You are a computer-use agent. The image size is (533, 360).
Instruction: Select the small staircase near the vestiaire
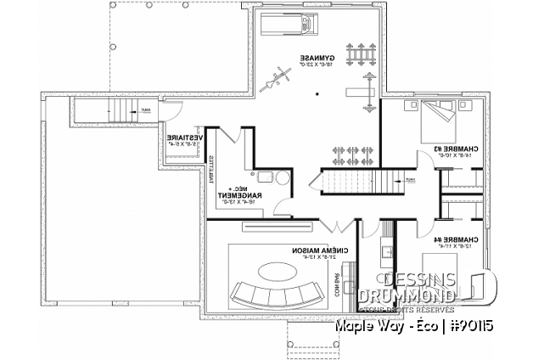(x=126, y=110)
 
